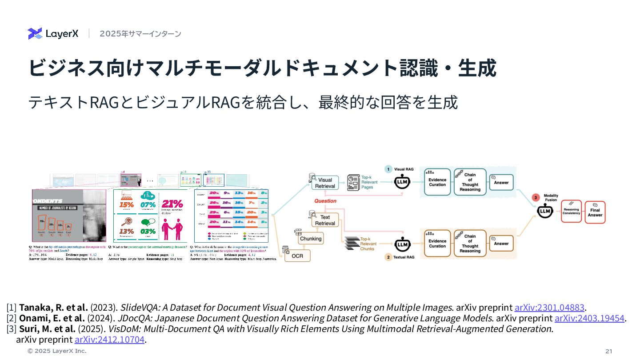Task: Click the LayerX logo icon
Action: click(x=35, y=33)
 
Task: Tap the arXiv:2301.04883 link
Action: click(x=549, y=308)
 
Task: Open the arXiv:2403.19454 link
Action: click(x=589, y=318)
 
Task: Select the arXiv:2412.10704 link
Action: click(x=109, y=340)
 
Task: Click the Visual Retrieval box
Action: click(x=325, y=183)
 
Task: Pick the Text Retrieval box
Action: click(x=325, y=220)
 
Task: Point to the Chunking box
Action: click(x=310, y=239)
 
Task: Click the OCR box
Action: click(x=297, y=256)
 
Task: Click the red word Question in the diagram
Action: click(x=325, y=201)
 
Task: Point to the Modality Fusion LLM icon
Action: click(x=545, y=212)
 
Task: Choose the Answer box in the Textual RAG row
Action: click(x=501, y=244)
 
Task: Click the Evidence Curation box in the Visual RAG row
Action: click(x=437, y=182)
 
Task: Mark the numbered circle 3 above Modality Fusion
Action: click(x=536, y=197)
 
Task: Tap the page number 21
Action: click(x=608, y=351)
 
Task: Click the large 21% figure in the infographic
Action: click(x=172, y=204)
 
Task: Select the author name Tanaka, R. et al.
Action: click(x=53, y=308)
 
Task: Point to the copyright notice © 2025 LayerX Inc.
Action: click(x=57, y=351)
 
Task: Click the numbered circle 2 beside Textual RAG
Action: click(x=388, y=257)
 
